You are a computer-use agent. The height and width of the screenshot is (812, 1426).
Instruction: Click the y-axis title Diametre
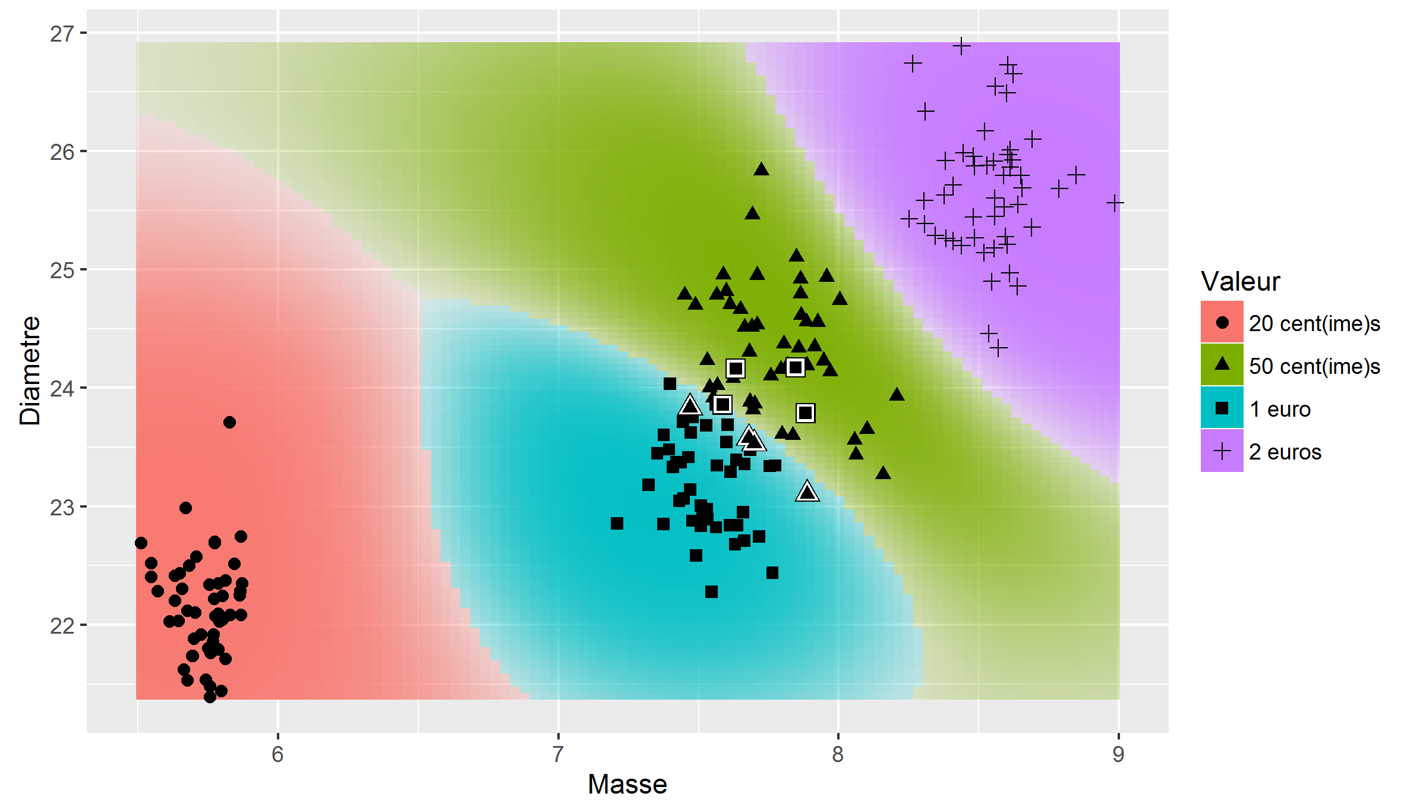[x=30, y=371]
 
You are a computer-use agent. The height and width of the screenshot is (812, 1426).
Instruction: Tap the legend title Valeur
[x=1240, y=281]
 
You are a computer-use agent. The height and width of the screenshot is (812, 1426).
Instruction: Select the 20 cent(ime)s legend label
[x=1314, y=323]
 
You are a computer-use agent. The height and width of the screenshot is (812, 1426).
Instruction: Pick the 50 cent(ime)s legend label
[x=1314, y=366]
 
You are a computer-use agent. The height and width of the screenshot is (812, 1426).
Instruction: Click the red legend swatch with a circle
[x=1222, y=322]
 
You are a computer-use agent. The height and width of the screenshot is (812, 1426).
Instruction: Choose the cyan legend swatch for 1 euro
[x=1222, y=408]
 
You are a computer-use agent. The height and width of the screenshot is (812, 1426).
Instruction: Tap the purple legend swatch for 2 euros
[x=1222, y=451]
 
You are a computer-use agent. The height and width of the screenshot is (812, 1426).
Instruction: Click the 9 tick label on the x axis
[x=1118, y=754]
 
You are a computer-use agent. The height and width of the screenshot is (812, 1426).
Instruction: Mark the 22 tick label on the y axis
[x=62, y=626]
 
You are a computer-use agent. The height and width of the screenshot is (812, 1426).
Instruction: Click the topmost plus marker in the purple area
[x=961, y=46]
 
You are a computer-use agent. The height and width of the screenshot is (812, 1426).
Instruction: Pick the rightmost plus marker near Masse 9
[x=1115, y=203]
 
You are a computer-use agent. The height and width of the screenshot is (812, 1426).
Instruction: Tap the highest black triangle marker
[x=761, y=169]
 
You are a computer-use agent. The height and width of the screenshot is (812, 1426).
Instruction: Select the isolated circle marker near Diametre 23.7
[x=229, y=422]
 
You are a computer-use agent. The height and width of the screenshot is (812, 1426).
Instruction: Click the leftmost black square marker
[x=617, y=523]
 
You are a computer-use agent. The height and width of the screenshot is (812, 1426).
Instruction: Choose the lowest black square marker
[x=711, y=591]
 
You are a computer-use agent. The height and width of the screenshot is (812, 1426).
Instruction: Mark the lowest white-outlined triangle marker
[x=807, y=492]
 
